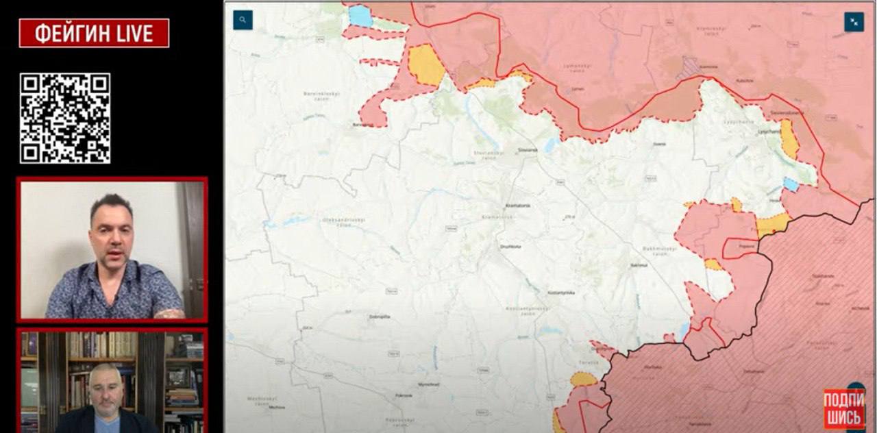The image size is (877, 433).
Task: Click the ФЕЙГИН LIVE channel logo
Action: click(x=94, y=33)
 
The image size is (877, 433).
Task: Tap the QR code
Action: click(x=65, y=118)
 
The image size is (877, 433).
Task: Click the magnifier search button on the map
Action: click(x=243, y=20)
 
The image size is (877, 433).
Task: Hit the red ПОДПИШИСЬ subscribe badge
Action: click(x=843, y=409)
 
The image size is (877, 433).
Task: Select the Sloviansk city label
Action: click(x=526, y=148)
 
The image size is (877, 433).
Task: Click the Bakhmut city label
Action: click(x=639, y=264)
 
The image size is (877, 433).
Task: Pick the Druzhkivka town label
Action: click(x=510, y=246)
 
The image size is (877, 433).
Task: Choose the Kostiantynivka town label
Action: click(x=560, y=293)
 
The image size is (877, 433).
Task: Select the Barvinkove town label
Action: click(x=363, y=125)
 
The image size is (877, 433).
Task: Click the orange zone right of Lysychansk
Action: click(x=789, y=139)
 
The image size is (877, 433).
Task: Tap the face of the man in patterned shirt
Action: click(x=110, y=238)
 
